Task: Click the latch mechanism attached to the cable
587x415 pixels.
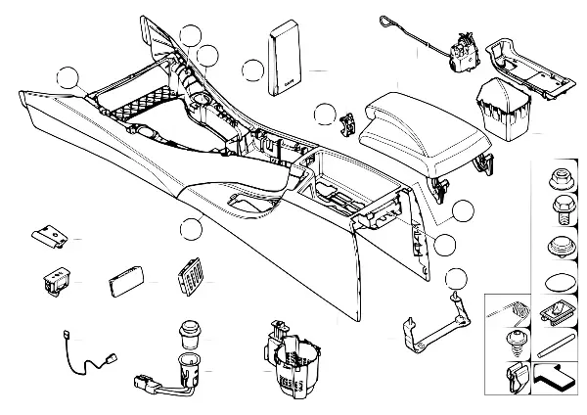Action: click(460, 49)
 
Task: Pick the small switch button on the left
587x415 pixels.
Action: click(53, 281)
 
